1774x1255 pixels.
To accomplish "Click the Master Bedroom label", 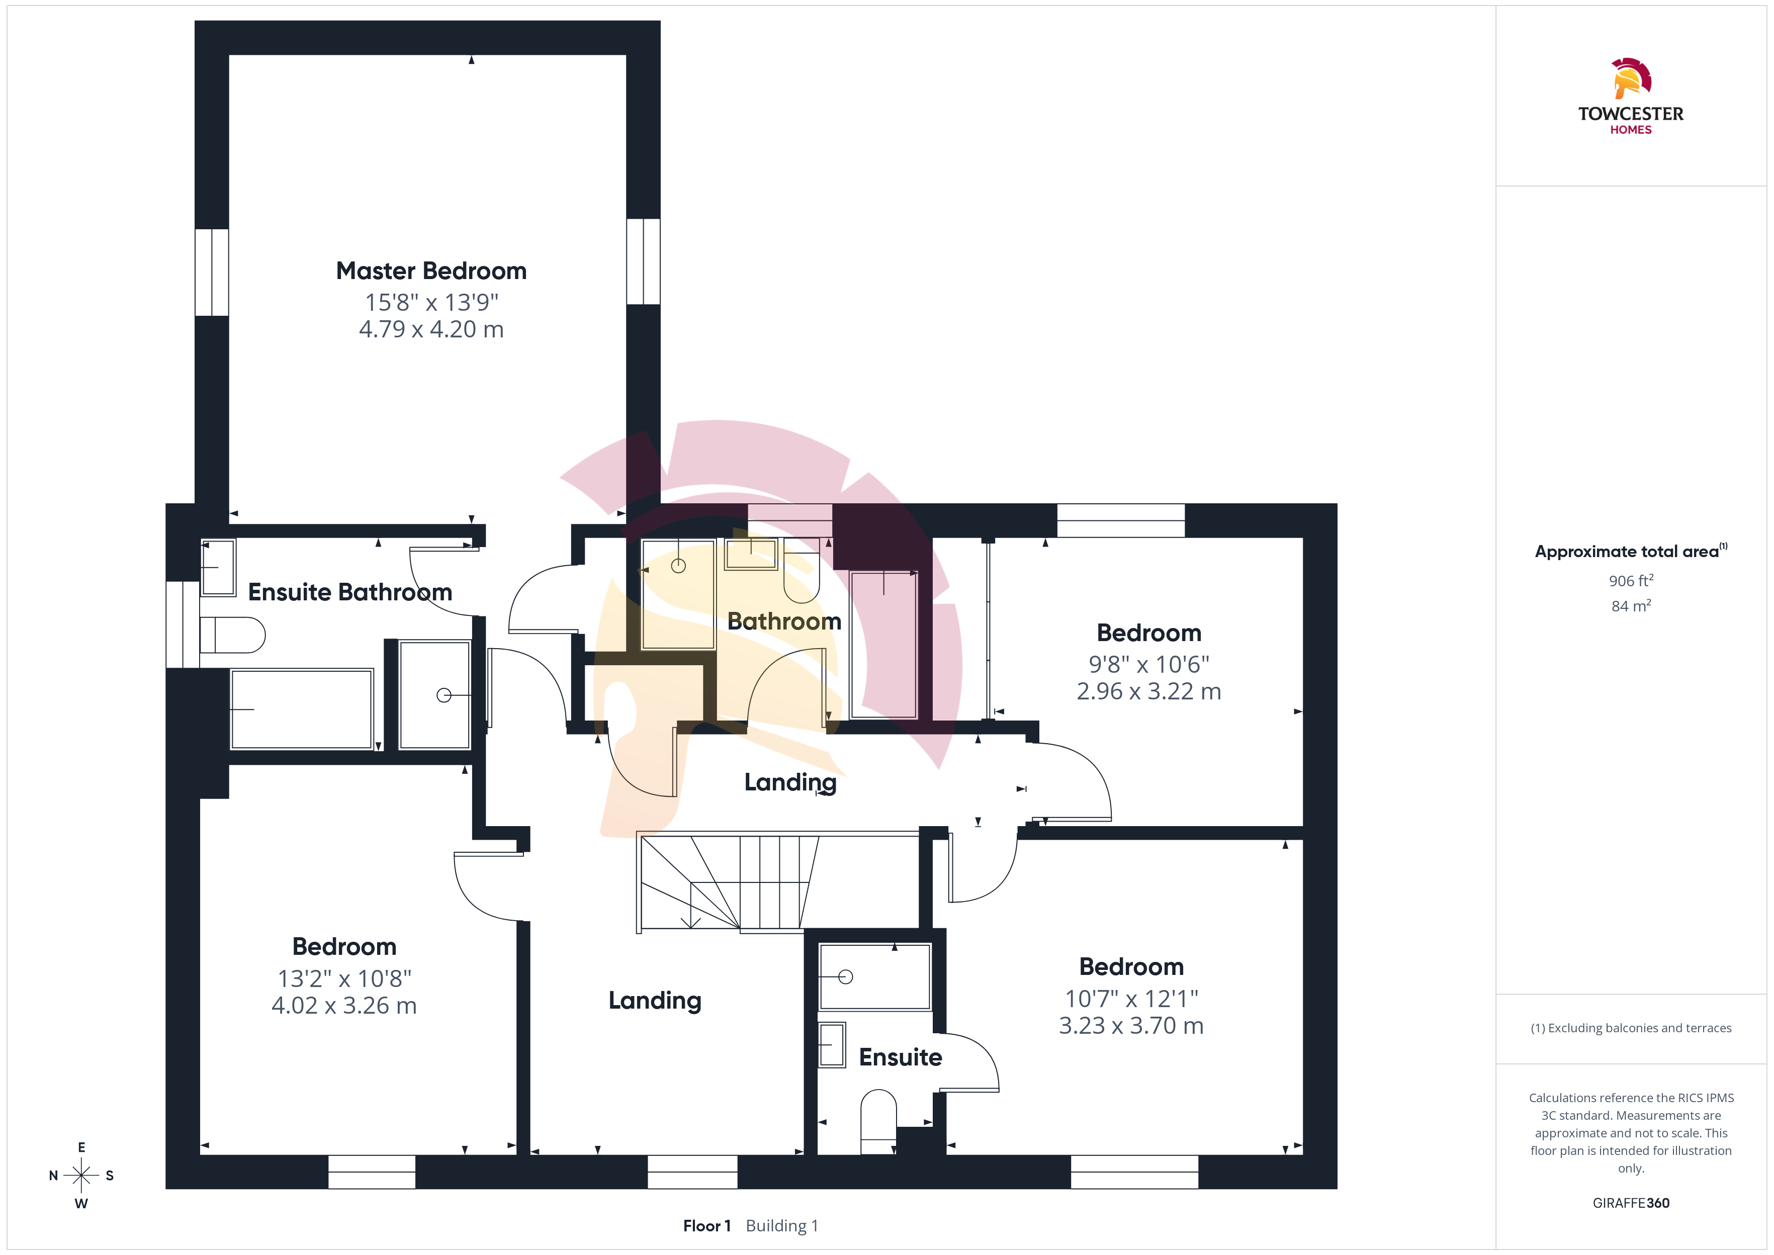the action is click(431, 271).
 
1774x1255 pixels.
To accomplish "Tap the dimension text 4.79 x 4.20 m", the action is click(431, 329).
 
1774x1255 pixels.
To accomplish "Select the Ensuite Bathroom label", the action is click(350, 592).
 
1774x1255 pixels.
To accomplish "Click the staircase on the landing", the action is click(726, 882).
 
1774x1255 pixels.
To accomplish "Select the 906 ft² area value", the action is click(1631, 580).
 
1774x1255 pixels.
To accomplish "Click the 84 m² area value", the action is click(1631, 606).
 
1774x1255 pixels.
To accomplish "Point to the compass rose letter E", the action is click(81, 1147).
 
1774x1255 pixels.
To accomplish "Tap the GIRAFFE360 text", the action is click(1631, 1203).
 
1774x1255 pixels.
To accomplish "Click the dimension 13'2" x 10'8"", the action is click(344, 979).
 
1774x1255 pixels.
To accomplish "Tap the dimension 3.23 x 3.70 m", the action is click(1131, 1026).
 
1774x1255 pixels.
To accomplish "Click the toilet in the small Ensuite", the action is click(878, 1121).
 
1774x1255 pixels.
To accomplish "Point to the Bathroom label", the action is click(784, 621).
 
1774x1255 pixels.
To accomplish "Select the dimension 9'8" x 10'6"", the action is click(1149, 665).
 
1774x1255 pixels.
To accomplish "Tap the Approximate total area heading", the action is click(1630, 551).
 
